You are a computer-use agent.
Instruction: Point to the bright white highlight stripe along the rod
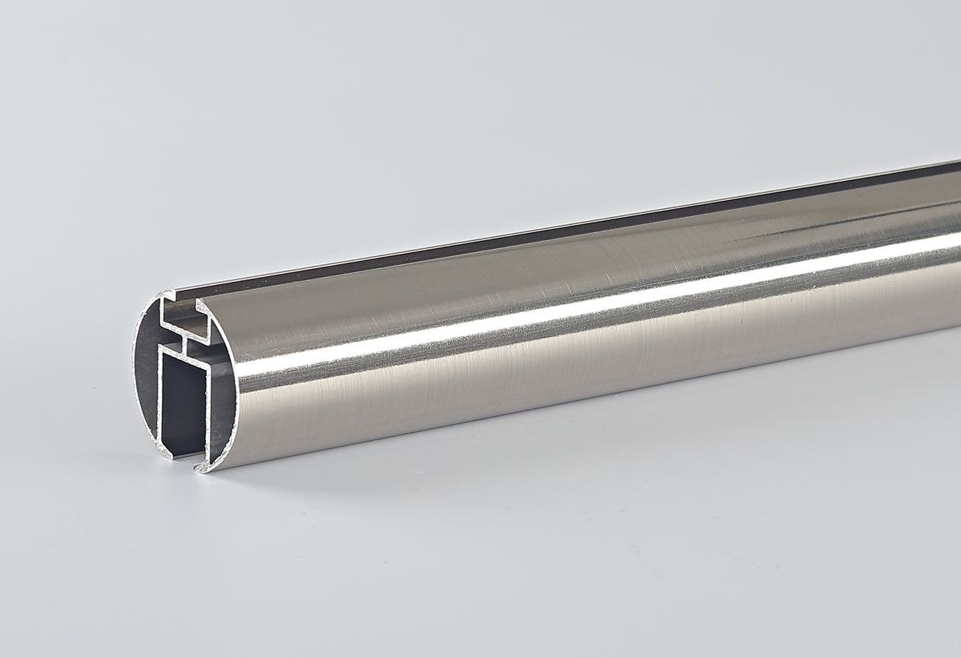[x=561, y=312]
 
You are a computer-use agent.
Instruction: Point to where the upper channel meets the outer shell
[x=201, y=305]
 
